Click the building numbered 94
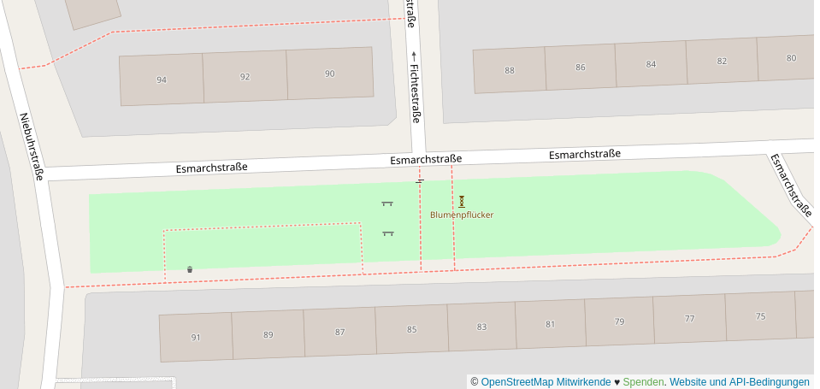162,80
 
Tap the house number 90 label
330,74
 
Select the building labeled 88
510,70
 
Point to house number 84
652,64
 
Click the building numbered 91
196,337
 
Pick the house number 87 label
339,332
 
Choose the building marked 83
481,327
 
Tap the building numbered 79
620,321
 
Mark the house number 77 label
690,319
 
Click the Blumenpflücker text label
462,215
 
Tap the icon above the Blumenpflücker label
462,202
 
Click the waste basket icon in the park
190,269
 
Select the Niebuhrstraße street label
32,147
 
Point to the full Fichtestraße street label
415,93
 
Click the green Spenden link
643,381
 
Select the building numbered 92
245,77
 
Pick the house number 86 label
581,68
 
